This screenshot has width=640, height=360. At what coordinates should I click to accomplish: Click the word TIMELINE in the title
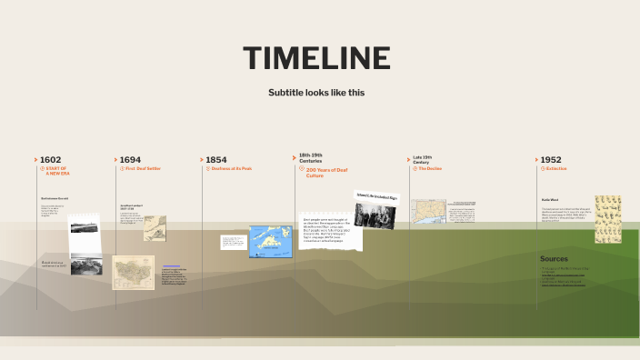pyautogui.click(x=316, y=58)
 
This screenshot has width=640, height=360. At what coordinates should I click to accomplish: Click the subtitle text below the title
pyautogui.click(x=316, y=93)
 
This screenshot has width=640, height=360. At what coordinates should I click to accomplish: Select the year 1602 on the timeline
pyautogui.click(x=50, y=159)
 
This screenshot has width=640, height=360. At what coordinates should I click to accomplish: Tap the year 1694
pyautogui.click(x=130, y=159)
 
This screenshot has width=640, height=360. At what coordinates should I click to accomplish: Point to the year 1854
pyautogui.click(x=216, y=159)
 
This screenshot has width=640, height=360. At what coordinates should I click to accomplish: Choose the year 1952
pyautogui.click(x=550, y=159)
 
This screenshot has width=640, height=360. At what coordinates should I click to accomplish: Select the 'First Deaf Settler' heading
pyautogui.click(x=144, y=168)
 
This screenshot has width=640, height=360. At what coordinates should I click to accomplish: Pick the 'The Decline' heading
pyautogui.click(x=430, y=168)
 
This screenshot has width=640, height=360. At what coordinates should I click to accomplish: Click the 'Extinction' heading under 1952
pyautogui.click(x=556, y=168)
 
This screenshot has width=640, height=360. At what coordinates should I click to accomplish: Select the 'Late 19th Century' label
pyautogui.click(x=422, y=159)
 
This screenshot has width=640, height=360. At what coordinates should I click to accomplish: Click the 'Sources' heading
pyautogui.click(x=554, y=258)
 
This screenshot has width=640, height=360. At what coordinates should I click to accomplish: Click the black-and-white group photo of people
pyautogui.click(x=373, y=215)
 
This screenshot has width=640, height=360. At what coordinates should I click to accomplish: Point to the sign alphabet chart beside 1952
pyautogui.click(x=607, y=219)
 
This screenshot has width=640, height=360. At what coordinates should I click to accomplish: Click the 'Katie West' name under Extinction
pyautogui.click(x=549, y=199)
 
